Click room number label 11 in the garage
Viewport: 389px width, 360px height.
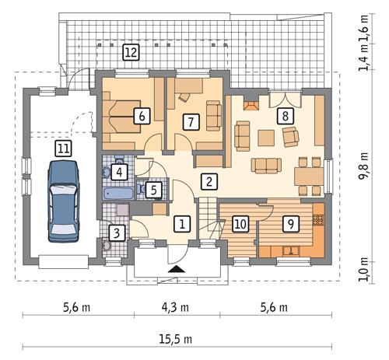click(x=62, y=147)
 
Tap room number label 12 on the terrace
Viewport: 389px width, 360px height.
click(x=131, y=53)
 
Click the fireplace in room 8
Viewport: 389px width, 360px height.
click(x=251, y=103)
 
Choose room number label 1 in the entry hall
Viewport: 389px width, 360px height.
click(x=181, y=224)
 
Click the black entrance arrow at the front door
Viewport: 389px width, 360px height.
click(x=177, y=269)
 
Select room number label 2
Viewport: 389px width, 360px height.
click(x=208, y=182)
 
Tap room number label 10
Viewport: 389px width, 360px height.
click(x=240, y=224)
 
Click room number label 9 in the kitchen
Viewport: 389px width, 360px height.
click(x=290, y=224)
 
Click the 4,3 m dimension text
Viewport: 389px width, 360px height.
click(x=177, y=308)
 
